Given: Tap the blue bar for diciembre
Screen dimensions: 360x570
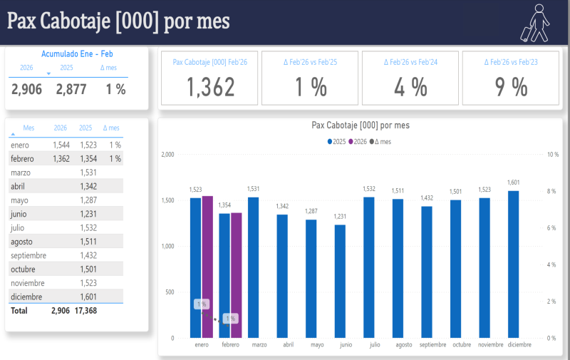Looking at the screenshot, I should [x=513, y=264].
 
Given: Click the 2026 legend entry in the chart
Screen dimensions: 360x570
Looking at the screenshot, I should [x=360, y=141].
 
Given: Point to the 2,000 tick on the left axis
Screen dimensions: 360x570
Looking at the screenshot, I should [x=167, y=154].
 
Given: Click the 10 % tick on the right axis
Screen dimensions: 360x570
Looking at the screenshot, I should [x=551, y=154].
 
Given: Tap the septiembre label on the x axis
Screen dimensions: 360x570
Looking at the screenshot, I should [x=432, y=345].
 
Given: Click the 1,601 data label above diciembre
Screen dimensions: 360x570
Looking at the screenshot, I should [x=513, y=182].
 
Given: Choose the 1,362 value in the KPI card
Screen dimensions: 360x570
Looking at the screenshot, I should [x=211, y=87].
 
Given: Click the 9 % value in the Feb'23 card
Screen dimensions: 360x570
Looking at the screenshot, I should [x=511, y=87].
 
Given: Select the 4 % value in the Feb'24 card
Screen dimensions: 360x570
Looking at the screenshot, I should [x=411, y=87].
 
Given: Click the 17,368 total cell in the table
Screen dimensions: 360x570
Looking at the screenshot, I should [x=84, y=311].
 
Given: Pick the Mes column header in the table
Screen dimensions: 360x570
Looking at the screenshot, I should [x=28, y=128].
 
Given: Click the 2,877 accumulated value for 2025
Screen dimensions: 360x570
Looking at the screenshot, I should [x=71, y=89].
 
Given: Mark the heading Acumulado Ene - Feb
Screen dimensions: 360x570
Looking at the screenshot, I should [x=77, y=53].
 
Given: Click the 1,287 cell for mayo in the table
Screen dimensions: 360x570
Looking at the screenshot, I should [x=88, y=200].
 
